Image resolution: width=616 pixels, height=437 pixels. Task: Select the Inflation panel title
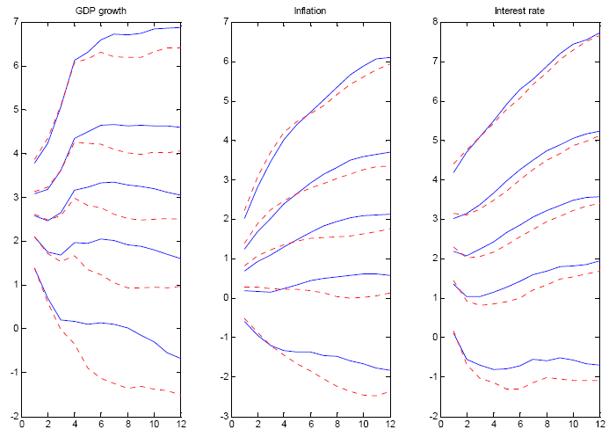coord(307,10)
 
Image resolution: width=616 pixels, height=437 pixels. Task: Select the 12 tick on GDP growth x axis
coord(180,426)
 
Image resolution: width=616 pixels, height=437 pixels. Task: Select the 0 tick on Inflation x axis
coord(232,426)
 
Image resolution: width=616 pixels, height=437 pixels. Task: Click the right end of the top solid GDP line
coord(180,27)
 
